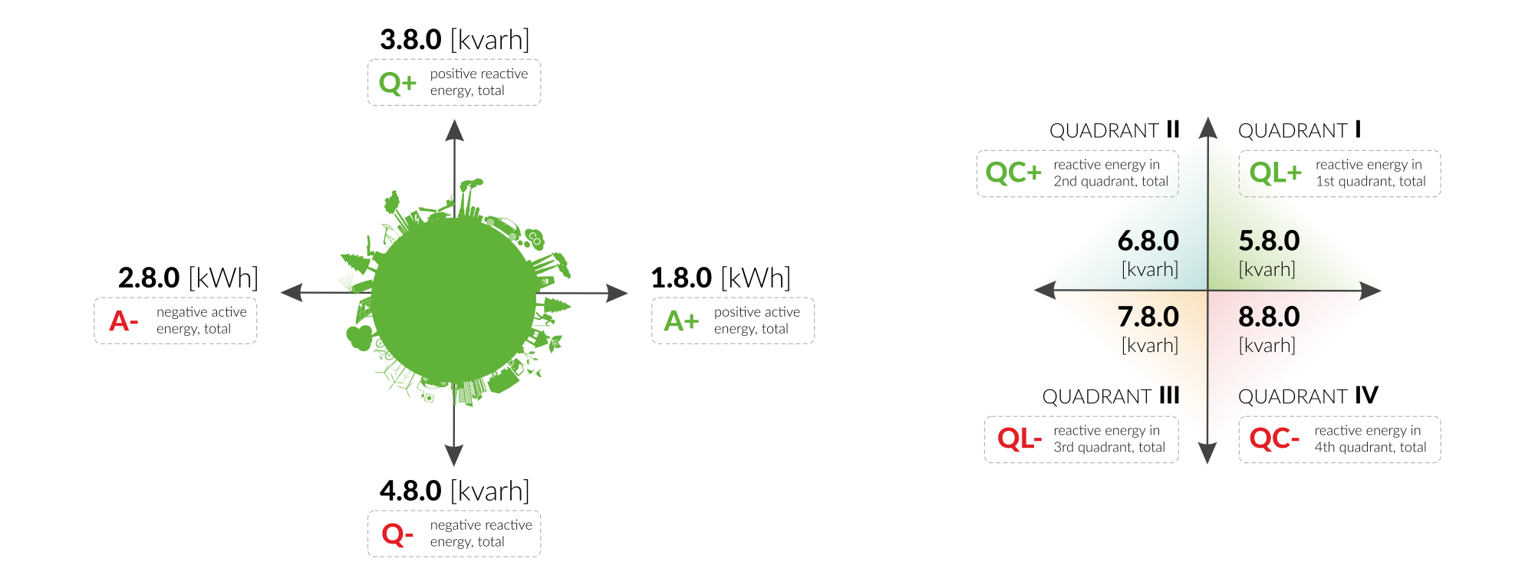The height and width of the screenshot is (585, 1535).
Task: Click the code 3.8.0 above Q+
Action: point(410,40)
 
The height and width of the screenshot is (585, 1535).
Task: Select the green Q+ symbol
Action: point(397,83)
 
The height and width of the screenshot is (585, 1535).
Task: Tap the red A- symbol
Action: point(124,320)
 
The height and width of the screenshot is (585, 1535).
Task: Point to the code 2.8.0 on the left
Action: point(149,278)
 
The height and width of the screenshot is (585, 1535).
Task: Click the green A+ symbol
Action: point(681,320)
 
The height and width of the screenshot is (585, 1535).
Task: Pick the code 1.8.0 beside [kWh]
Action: point(681,278)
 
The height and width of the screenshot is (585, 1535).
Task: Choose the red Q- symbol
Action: point(397,534)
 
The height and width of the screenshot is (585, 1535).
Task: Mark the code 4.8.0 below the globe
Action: point(410,491)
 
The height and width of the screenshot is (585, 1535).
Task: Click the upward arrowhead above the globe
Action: point(455,130)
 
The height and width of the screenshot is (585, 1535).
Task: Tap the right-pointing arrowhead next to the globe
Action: point(617,293)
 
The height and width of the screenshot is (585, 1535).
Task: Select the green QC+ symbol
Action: point(1013,173)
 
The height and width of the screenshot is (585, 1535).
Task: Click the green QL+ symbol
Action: point(1275,173)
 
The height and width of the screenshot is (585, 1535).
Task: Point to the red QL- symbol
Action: point(1019,439)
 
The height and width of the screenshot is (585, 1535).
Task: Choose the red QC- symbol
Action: point(1273,439)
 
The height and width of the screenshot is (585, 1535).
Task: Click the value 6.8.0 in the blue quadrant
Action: point(1148,241)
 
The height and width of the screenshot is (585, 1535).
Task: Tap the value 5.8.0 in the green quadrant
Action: point(1269,241)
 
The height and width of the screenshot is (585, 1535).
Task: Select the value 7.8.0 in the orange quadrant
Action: point(1148,317)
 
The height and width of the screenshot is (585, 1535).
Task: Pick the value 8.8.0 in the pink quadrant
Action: point(1269,317)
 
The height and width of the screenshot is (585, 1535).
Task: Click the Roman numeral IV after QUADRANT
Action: point(1366,396)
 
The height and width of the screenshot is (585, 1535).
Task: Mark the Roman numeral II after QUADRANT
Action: point(1173,130)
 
